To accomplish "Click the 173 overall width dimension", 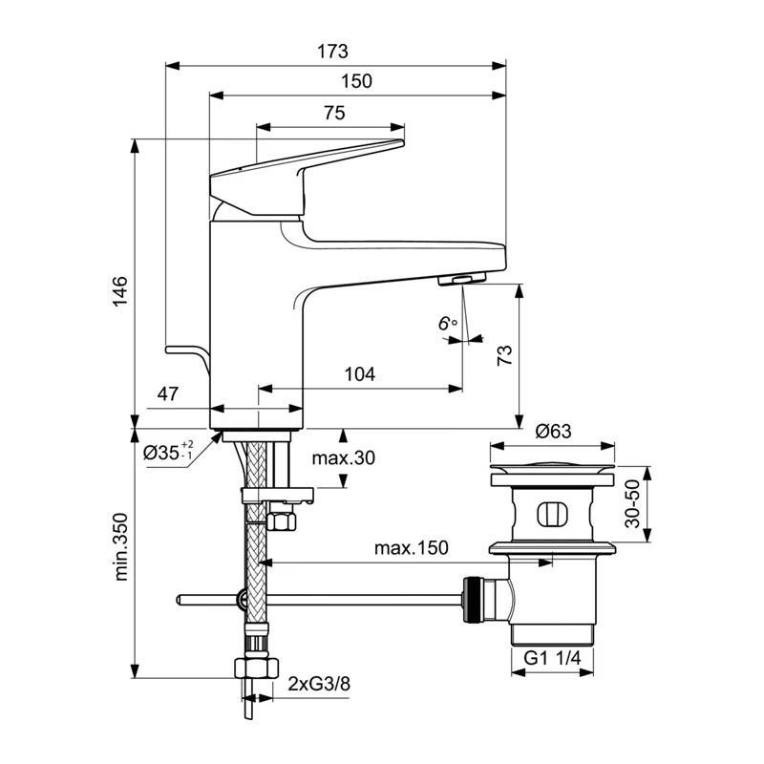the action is (x=332, y=52).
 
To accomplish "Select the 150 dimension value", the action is (x=356, y=81).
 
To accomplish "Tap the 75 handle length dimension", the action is (x=334, y=113).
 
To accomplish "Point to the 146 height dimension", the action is (x=120, y=291).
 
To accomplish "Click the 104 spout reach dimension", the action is (x=360, y=374).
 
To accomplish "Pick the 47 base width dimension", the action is (x=168, y=393).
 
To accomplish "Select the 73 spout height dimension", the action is (x=505, y=355).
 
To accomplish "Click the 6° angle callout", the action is (x=448, y=323).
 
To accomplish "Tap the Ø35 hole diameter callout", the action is (x=168, y=452).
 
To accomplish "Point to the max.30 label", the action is (x=344, y=458).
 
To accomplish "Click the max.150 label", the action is (x=412, y=547).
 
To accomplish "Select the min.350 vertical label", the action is (x=120, y=546).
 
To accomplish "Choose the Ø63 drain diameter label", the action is (x=554, y=432).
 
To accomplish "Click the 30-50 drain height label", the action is (x=632, y=504).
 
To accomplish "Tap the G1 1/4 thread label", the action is (x=553, y=658).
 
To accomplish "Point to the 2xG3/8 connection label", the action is (x=319, y=684).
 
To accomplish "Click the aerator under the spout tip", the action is (x=462, y=279).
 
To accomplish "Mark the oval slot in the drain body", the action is (x=553, y=515).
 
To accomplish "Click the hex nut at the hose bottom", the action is (x=256, y=668).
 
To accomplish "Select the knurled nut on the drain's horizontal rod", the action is (x=472, y=600).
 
